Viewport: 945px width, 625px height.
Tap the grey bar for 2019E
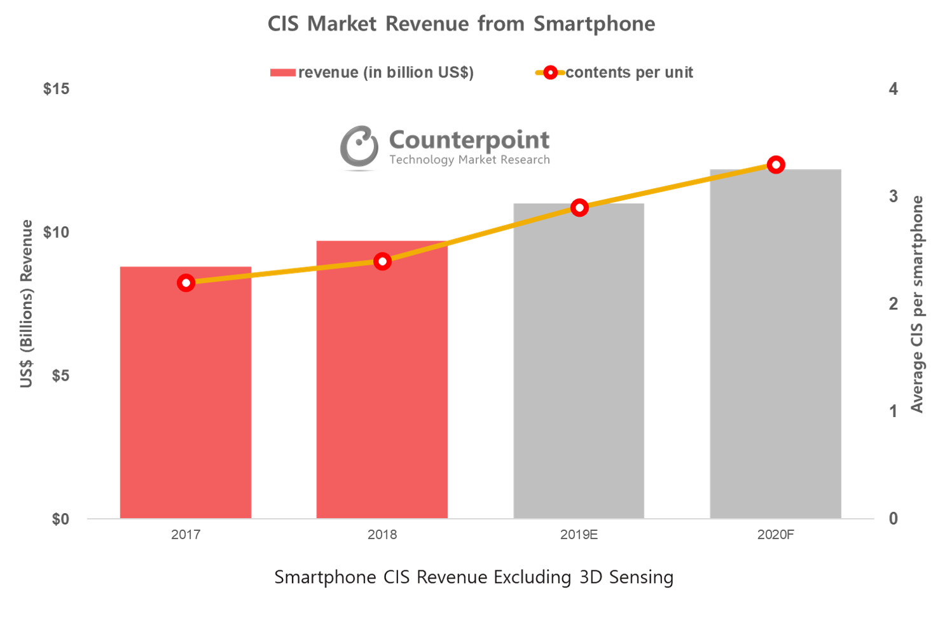pos(579,362)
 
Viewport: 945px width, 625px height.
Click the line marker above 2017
pos(186,283)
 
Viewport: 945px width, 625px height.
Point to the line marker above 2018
pos(382,261)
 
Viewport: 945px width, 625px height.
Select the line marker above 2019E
pos(579,207)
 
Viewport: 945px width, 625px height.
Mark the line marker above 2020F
pos(775,165)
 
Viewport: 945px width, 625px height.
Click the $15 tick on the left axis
pos(56,89)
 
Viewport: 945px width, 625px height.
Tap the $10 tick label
pos(56,232)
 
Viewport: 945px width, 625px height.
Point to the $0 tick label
pos(60,519)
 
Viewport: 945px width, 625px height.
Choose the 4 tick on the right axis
pos(893,89)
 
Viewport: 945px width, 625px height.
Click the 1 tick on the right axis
pos(893,411)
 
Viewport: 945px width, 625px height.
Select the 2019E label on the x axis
pos(579,535)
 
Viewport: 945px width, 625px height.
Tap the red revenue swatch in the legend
pos(283,73)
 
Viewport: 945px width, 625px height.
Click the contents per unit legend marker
pos(551,73)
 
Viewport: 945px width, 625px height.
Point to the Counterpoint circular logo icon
pos(359,147)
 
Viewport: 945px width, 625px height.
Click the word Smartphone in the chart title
pos(594,24)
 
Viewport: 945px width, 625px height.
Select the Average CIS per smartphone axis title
pos(917,304)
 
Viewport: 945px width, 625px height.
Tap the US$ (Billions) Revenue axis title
pos(26,304)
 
